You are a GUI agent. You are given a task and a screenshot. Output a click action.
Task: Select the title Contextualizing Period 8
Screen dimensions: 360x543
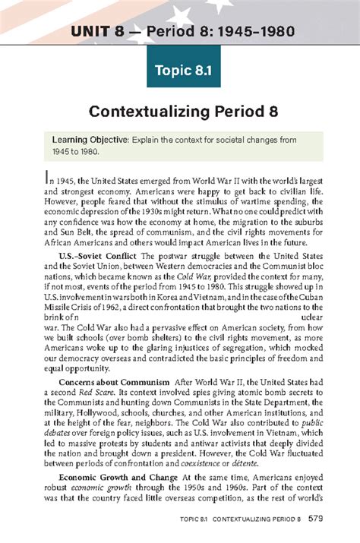click(x=180, y=113)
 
